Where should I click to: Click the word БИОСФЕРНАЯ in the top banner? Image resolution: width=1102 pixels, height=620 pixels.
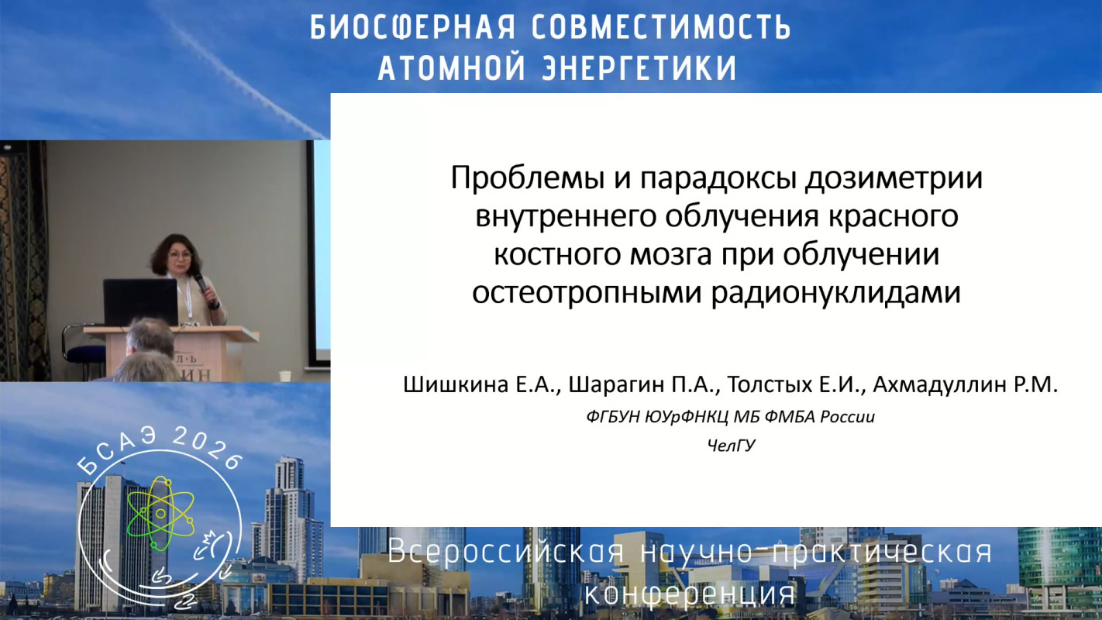(x=413, y=27)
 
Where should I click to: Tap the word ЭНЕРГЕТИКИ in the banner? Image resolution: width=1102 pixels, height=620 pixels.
(x=639, y=68)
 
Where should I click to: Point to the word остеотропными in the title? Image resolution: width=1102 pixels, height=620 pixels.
(x=587, y=293)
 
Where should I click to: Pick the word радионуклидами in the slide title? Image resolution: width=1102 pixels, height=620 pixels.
(x=836, y=292)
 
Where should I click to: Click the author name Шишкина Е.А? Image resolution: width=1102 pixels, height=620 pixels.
(x=481, y=384)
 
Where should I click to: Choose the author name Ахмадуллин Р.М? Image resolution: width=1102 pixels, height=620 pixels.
(x=966, y=384)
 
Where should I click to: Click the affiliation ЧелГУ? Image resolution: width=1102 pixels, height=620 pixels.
(x=731, y=446)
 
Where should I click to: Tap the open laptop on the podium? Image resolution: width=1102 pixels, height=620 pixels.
(x=141, y=302)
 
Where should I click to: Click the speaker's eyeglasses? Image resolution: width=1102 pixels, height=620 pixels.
(x=180, y=256)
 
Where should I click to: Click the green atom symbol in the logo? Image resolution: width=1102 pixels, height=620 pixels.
(x=160, y=513)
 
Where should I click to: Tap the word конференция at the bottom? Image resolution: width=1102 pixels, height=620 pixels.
(x=689, y=594)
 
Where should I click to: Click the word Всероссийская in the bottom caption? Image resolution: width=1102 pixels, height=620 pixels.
(x=506, y=551)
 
